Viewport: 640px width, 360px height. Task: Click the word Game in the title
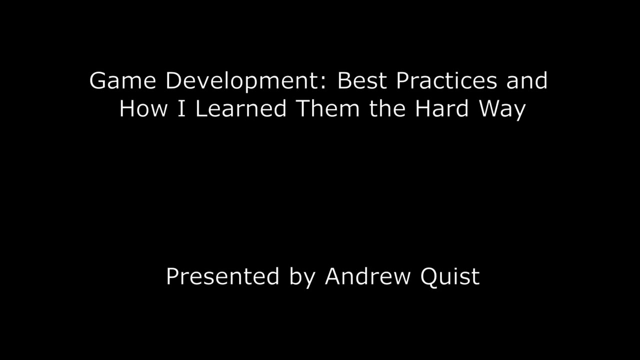tap(123, 81)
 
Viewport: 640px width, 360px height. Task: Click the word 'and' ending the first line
tap(527, 81)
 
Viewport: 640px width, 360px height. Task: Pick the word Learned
tap(240, 108)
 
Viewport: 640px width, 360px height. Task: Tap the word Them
tap(328, 108)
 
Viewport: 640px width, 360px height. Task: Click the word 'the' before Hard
tap(387, 108)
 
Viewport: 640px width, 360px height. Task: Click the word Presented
tap(222, 276)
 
